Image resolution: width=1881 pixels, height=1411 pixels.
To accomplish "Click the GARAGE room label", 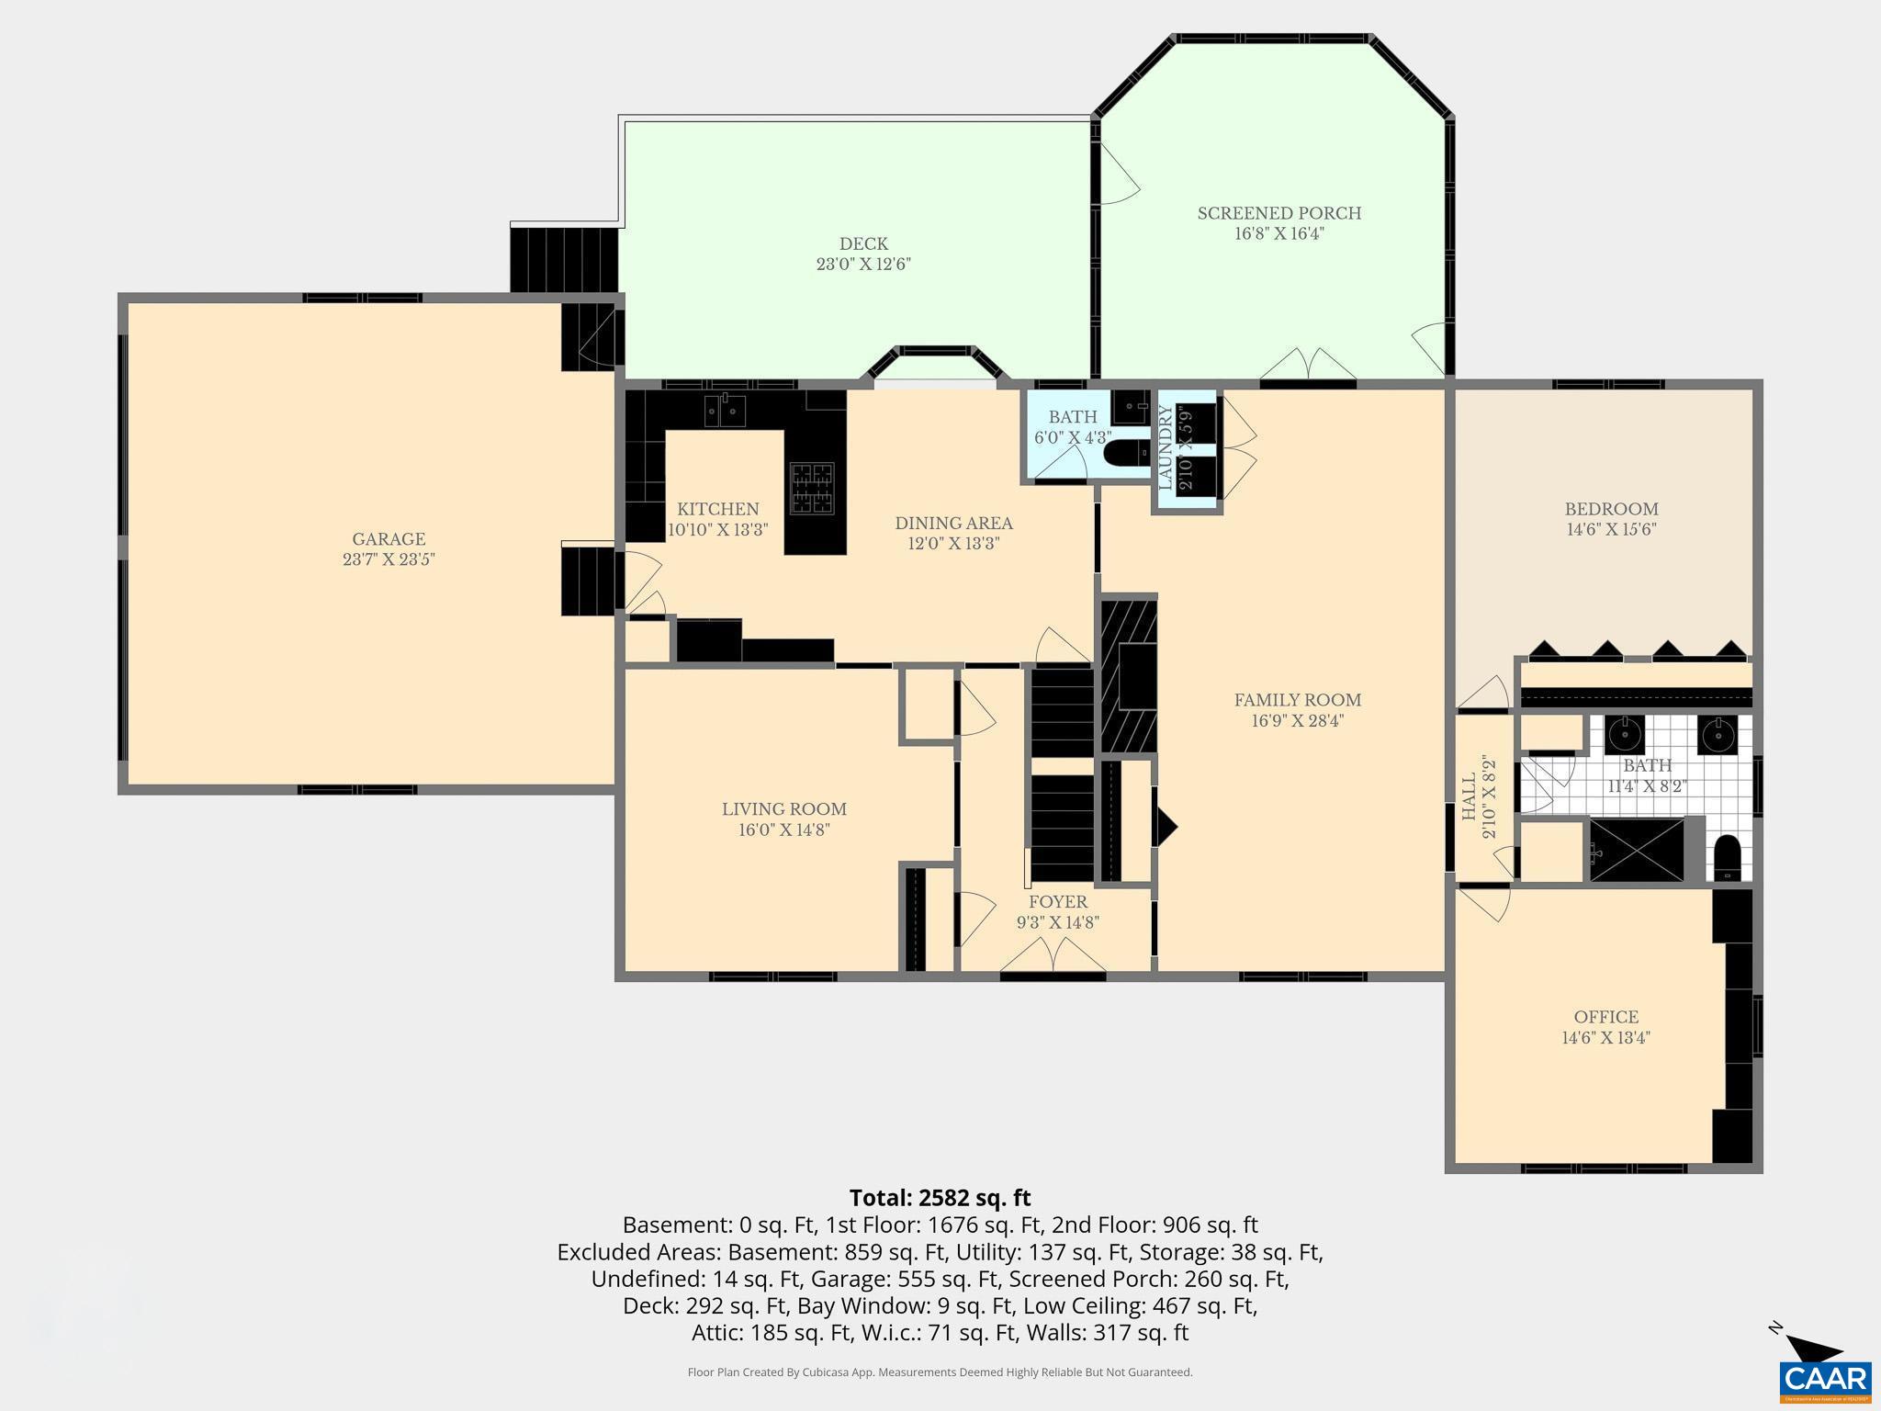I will coord(389,539).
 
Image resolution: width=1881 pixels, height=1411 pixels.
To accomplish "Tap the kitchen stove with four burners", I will coord(813,488).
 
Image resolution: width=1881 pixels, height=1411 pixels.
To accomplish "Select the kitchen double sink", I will coord(725,410).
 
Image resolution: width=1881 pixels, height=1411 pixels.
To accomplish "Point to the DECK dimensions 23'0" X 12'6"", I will coord(863,265).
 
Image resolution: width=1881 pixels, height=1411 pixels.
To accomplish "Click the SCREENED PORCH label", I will coord(1278,213).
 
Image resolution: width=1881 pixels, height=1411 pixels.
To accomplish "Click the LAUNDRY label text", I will coord(1166,447).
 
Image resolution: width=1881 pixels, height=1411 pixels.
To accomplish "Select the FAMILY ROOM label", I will coord(1297,700).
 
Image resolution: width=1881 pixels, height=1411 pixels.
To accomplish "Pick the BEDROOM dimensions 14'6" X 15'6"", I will coord(1611,530).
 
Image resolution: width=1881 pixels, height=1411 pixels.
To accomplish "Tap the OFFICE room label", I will coord(1605,1017).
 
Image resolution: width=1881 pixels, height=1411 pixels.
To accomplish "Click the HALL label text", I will coord(1469,796).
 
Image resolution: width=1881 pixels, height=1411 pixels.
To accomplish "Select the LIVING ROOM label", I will coord(783,809).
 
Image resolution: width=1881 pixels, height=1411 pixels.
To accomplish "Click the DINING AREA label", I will coord(953,524).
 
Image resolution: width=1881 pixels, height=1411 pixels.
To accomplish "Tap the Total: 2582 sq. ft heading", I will coord(940,1198).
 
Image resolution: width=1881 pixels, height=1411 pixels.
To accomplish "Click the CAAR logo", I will coord(1824,1378).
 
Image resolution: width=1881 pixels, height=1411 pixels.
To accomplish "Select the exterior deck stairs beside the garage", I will coord(563,260).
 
